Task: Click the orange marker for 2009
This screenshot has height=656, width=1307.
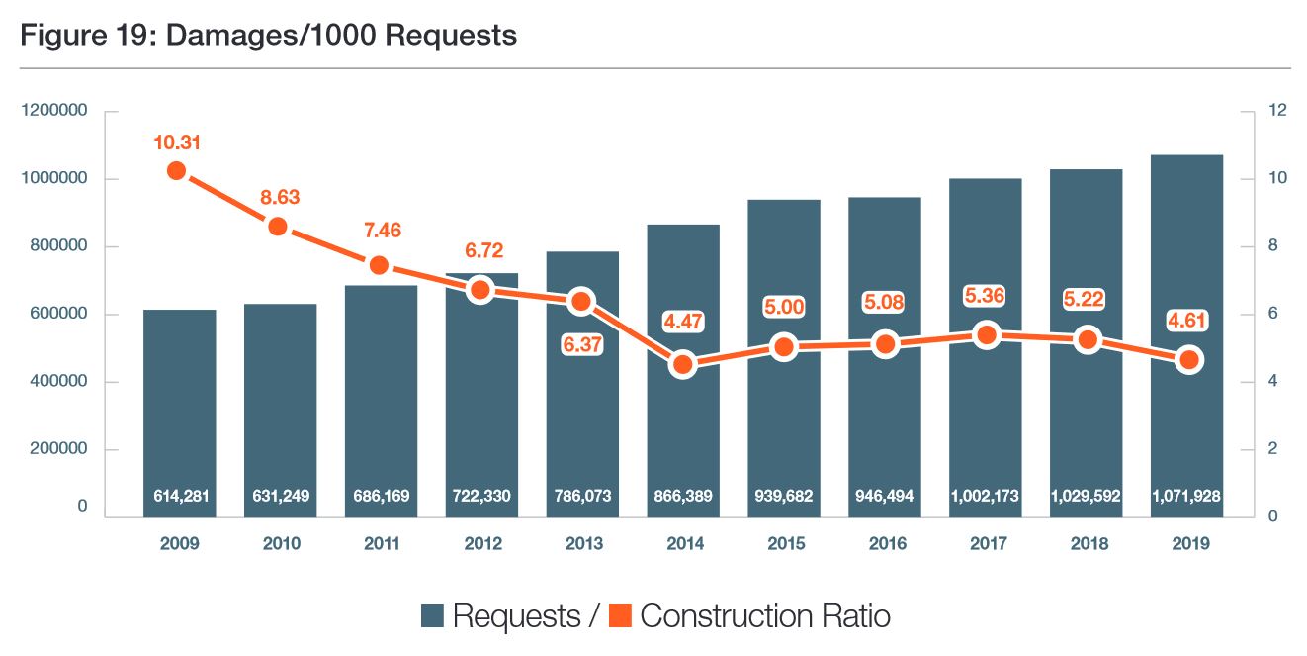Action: (x=177, y=170)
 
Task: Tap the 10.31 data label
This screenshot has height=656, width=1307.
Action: (x=177, y=142)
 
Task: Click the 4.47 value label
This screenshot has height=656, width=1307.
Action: (x=683, y=320)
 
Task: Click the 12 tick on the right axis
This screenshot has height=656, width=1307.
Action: (x=1250, y=111)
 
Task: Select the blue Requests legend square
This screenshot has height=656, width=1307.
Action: (x=432, y=615)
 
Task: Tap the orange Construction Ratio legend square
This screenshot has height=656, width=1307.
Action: (x=620, y=615)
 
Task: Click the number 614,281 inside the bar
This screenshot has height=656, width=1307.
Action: (x=179, y=495)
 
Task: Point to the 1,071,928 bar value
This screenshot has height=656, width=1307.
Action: (x=1187, y=495)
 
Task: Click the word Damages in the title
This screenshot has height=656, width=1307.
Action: (x=219, y=36)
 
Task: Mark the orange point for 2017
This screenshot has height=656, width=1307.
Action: (x=986, y=335)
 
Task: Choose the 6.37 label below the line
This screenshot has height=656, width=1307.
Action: (x=581, y=345)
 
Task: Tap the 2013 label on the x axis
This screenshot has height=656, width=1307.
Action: (x=582, y=543)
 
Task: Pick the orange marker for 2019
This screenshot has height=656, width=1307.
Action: (x=1189, y=360)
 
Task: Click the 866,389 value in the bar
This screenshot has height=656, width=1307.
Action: (x=683, y=495)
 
